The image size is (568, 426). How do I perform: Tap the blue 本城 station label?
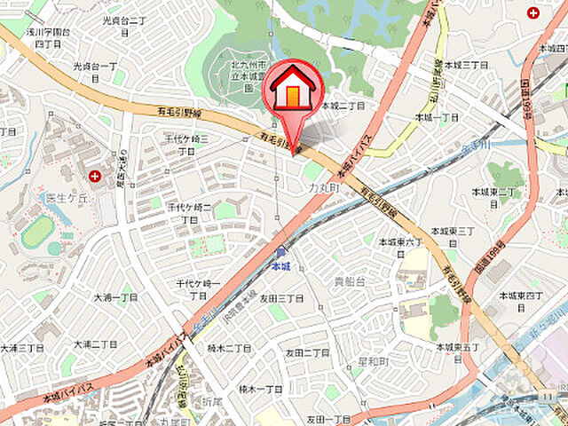click(x=280, y=264)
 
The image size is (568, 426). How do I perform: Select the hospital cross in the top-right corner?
click(x=533, y=12)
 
